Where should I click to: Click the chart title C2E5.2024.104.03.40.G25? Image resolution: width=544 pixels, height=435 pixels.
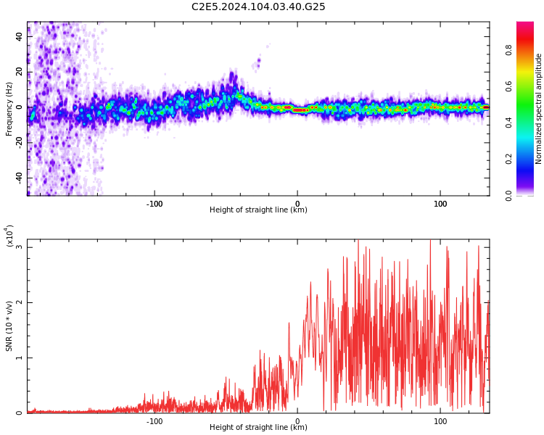tap(258, 7)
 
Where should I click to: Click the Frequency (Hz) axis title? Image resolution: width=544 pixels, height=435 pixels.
tap(9, 108)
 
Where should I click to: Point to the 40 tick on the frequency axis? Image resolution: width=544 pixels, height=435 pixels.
tap(19, 36)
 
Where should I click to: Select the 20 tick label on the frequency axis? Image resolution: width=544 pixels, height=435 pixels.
tap(19, 71)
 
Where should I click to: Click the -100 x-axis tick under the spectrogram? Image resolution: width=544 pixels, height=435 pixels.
tap(154, 203)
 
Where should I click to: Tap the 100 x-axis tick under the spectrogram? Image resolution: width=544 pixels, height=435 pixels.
tap(440, 203)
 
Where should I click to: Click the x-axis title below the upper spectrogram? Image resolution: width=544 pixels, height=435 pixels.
tap(258, 210)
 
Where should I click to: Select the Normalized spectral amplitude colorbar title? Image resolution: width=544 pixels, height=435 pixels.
tap(539, 109)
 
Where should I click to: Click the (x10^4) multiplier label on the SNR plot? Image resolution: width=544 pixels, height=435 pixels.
tap(9, 236)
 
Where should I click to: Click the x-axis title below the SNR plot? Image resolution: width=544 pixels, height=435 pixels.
tap(258, 428)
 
